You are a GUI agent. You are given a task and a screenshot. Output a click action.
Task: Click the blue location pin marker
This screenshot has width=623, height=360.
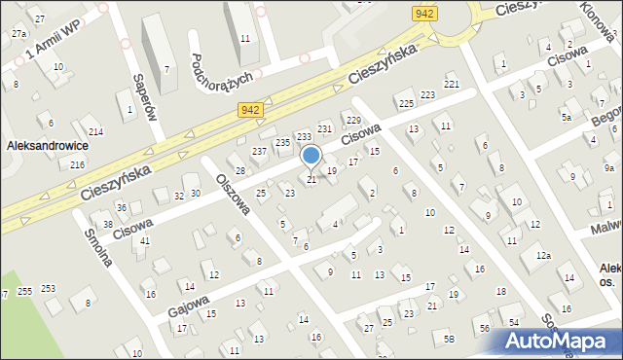[311, 156]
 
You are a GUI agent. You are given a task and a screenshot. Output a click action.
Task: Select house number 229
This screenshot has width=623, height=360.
[352, 119]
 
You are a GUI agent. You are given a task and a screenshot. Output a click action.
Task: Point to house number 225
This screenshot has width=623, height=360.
[406, 103]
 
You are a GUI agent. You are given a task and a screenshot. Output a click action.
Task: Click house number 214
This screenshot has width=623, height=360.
[95, 131]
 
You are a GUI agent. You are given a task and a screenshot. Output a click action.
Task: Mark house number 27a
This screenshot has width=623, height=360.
[18, 33]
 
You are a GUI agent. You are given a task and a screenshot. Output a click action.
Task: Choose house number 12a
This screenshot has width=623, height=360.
[543, 255]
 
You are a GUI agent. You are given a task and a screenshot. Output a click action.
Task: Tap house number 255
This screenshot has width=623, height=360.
[25, 291]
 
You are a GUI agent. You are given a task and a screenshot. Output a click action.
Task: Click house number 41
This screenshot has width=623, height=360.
[145, 240]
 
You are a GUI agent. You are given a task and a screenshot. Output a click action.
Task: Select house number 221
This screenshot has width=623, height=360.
[451, 86]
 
